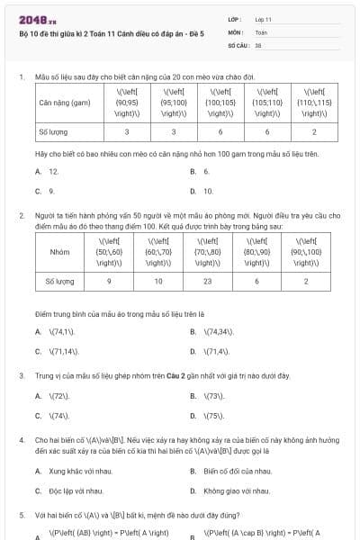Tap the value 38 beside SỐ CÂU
coord(258,43)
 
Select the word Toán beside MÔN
coord(260,31)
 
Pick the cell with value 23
coord(207,282)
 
